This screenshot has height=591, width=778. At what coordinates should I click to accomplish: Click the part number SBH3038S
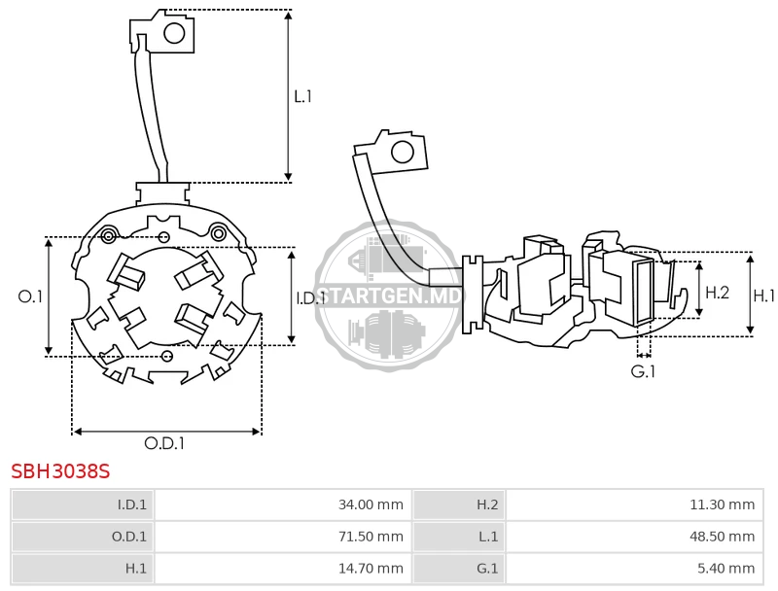pos(60,471)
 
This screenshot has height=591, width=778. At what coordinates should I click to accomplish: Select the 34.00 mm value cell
pos(283,504)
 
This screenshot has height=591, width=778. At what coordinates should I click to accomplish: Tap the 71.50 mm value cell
pos(283,537)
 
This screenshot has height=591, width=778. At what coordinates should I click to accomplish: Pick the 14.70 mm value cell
pos(283,569)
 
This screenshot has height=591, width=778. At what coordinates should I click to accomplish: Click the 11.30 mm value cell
pos(635,504)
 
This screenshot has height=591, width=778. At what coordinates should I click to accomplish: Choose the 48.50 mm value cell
pos(635,537)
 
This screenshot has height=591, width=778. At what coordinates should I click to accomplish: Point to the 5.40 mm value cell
pos(635,569)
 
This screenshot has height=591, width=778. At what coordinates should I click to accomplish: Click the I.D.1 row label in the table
pos(132,504)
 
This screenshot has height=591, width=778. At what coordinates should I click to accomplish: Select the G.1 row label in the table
pos(487,569)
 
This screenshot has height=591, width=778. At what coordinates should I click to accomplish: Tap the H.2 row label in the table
pos(487,504)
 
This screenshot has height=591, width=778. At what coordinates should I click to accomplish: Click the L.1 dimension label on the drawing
pos(302,96)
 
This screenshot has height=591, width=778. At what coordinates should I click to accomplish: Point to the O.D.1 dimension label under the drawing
pos(164,443)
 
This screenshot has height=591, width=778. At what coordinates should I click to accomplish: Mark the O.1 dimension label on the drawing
pos(30,296)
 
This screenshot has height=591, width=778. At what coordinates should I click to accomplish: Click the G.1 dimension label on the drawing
pos(643,371)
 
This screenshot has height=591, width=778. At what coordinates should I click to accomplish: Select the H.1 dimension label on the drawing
pos(764,296)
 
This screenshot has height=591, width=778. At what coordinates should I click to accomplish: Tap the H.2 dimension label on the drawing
pos(718,293)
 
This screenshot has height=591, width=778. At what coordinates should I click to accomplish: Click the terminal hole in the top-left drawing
pos(174,33)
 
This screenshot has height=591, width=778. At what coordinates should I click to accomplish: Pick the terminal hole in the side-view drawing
pos(403,153)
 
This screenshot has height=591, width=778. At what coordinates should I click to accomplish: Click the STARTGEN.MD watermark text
pos(388,296)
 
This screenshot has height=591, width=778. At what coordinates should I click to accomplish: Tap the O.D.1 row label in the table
pos(129,537)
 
